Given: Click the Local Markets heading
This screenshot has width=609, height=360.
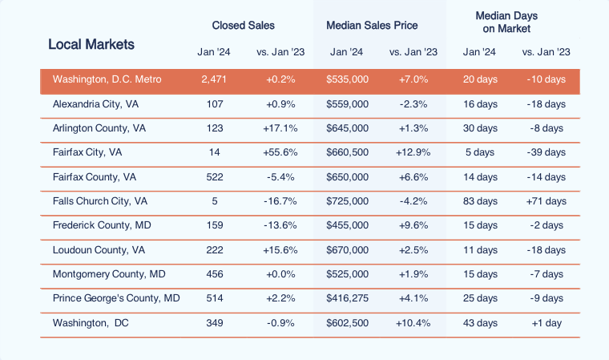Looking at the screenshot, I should point(91,44).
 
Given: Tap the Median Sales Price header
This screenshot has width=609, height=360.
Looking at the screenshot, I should point(371,26).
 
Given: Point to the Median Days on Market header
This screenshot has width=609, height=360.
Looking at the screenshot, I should point(506,22).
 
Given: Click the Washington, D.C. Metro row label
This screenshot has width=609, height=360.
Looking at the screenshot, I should point(107,80).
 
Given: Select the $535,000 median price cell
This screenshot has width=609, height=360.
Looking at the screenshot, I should point(347,80).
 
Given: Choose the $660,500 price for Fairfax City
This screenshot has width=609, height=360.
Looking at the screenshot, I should point(347,152).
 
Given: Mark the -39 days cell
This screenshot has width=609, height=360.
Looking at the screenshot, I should point(546,152).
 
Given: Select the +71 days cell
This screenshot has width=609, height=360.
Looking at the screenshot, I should point(546,200).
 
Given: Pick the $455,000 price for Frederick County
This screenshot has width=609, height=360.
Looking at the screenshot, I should point(347,224).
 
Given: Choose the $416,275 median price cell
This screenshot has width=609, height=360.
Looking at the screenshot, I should point(347,298).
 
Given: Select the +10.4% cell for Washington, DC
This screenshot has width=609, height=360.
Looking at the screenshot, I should point(413,323).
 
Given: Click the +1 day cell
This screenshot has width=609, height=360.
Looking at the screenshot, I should point(546,323).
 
